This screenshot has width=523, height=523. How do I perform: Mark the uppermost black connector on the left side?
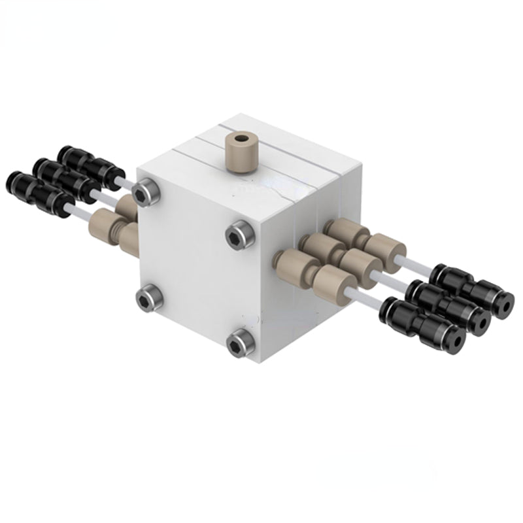pyautogui.click(x=88, y=163)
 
